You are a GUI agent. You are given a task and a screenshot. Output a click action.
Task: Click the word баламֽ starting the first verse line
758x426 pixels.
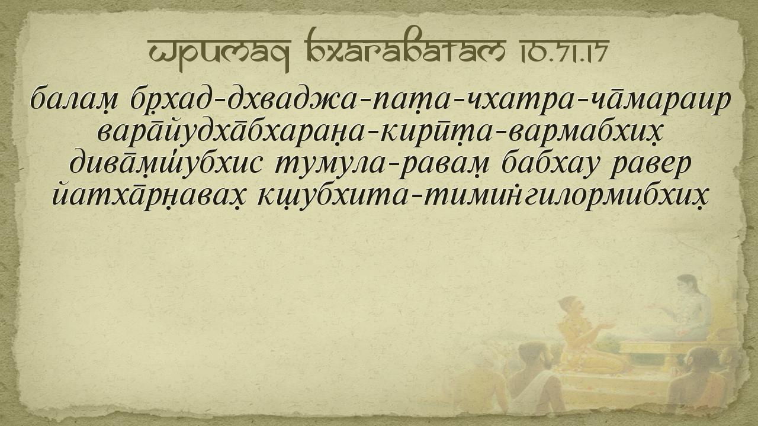[74, 101]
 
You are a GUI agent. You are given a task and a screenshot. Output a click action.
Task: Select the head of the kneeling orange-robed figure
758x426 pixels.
[572, 308]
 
